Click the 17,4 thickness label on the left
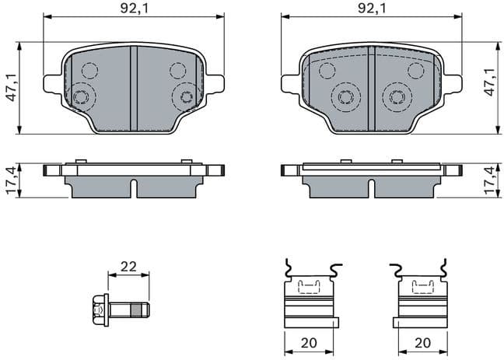click(9, 181)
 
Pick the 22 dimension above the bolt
click(128, 266)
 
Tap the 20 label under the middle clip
click(310, 343)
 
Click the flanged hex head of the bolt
click(100, 310)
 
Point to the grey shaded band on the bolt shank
click(137, 310)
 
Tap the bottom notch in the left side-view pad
click(134, 190)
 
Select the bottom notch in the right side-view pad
click(371, 190)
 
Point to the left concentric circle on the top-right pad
click(344, 98)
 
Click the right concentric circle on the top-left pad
click(185, 96)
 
